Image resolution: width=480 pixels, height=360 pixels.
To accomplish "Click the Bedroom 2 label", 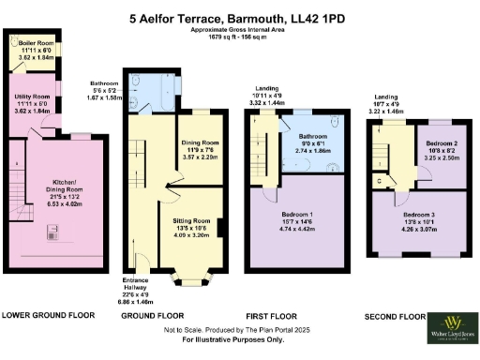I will [440, 147].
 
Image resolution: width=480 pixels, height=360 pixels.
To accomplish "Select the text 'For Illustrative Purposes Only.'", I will [237, 339].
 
